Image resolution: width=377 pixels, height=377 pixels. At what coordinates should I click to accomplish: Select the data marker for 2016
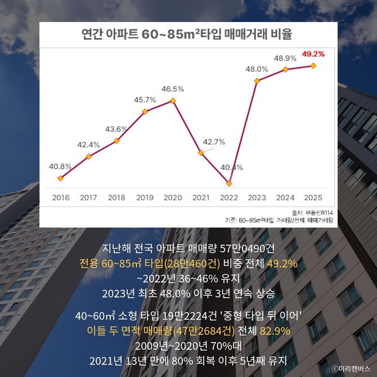(x=61, y=178)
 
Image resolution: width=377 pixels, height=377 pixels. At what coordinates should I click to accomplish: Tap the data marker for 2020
(x=173, y=101)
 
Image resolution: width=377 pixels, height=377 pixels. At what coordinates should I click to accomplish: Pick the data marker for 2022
(x=229, y=183)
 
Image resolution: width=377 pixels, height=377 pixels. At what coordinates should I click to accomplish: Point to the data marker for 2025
(x=313, y=66)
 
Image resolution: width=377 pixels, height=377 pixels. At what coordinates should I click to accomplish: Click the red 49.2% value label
(x=313, y=54)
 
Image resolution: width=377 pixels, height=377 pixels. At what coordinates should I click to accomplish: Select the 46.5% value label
(x=173, y=89)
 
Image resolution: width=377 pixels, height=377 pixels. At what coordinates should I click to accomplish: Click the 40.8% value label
(x=60, y=167)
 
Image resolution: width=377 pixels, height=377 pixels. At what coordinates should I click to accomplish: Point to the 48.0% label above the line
(x=257, y=69)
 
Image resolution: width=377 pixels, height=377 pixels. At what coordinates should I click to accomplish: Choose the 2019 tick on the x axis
(x=145, y=198)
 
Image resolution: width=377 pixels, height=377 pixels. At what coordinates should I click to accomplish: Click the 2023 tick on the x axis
(x=257, y=198)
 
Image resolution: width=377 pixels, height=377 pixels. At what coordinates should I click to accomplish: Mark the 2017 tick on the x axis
(x=88, y=198)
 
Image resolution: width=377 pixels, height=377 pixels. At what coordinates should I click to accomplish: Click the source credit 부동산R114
(x=319, y=213)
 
